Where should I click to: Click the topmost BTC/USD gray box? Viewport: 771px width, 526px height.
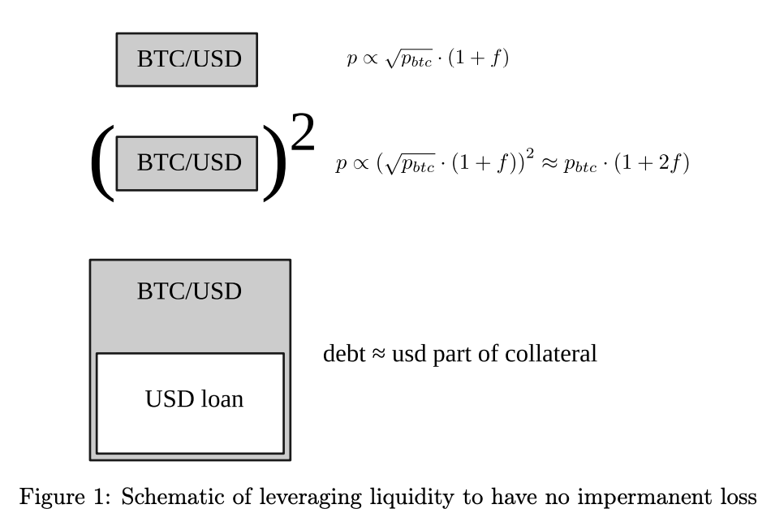187,59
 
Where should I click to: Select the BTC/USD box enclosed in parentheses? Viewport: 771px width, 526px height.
187,162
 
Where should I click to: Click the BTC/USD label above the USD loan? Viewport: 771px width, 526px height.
189,291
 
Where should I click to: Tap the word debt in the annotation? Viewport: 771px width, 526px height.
338,355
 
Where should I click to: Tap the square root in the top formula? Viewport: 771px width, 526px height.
398,60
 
